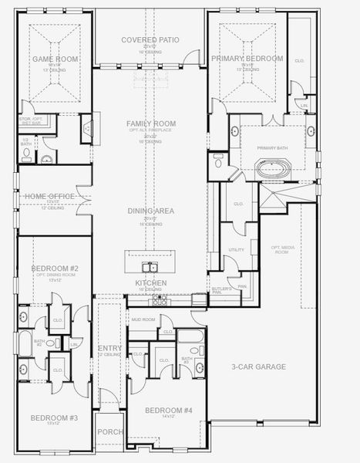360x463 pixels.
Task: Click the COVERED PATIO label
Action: (x=151, y=39)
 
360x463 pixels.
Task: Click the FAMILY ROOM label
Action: (x=151, y=123)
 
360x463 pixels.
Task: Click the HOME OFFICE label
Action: (x=50, y=197)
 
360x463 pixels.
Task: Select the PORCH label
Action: (x=109, y=431)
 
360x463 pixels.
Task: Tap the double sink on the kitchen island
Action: (x=150, y=268)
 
